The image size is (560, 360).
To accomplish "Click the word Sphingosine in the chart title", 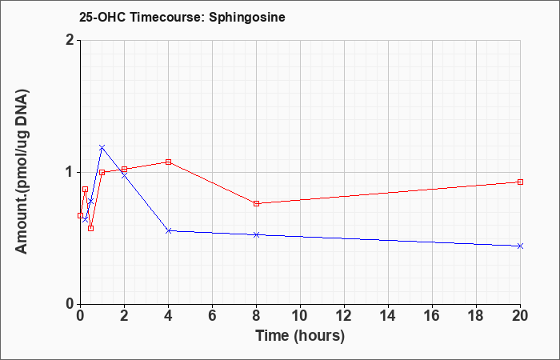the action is [246, 18].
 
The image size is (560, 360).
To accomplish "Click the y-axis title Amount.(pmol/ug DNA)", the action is [22, 171].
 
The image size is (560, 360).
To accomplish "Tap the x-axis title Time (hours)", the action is [300, 336].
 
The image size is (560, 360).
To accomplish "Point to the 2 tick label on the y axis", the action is [70, 40].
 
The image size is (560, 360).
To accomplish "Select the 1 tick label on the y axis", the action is [70, 173].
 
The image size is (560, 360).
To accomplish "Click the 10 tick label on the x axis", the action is [300, 316].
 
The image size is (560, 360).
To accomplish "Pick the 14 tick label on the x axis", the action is [388, 316].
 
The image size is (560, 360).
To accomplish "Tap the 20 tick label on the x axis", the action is [520, 316].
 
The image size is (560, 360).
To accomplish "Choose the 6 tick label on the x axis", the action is [212, 316].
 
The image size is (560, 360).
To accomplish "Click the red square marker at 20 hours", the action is [520, 182].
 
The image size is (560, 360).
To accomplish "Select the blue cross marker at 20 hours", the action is [520, 246].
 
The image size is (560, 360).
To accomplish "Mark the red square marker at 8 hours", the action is [257, 203].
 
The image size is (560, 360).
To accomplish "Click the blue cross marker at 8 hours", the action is [257, 234].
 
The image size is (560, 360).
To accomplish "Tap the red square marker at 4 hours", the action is [169, 162].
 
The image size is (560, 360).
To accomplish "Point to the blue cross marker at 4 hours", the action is [169, 230].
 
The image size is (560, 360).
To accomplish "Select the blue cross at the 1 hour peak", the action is [102, 147].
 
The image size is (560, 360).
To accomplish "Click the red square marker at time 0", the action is [80, 215].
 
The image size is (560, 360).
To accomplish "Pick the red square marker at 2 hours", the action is [124, 170].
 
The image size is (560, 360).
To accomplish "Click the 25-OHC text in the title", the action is [102, 18].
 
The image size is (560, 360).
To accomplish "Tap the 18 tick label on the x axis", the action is [476, 316].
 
